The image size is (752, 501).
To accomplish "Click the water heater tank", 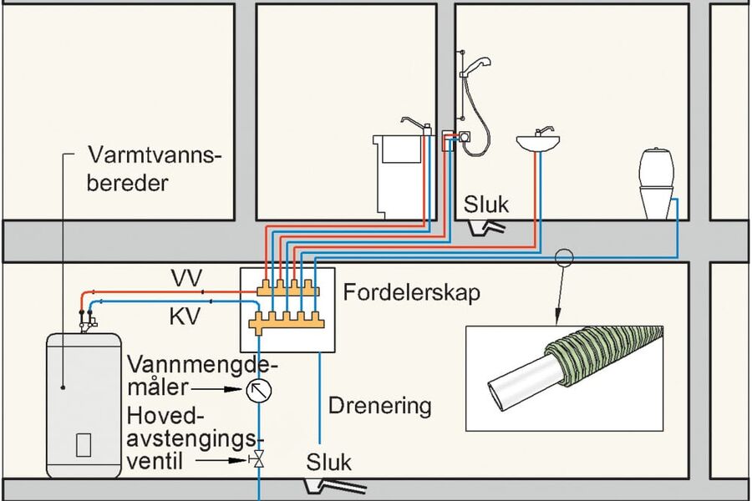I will coord(83,401).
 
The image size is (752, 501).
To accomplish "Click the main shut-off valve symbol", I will coord(258,458).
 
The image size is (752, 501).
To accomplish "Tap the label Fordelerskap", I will coord(411,294).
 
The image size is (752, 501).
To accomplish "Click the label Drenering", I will coord(379,407).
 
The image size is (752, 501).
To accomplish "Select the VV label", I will coord(185,278).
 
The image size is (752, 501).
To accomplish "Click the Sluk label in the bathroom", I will coord(487,205).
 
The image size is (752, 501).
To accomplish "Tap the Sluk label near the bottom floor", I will coord(329,462).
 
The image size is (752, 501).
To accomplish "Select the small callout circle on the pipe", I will coord(565,258).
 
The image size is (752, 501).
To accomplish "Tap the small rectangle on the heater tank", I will coord(84,445).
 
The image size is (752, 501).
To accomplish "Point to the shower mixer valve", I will coord(461,139).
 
